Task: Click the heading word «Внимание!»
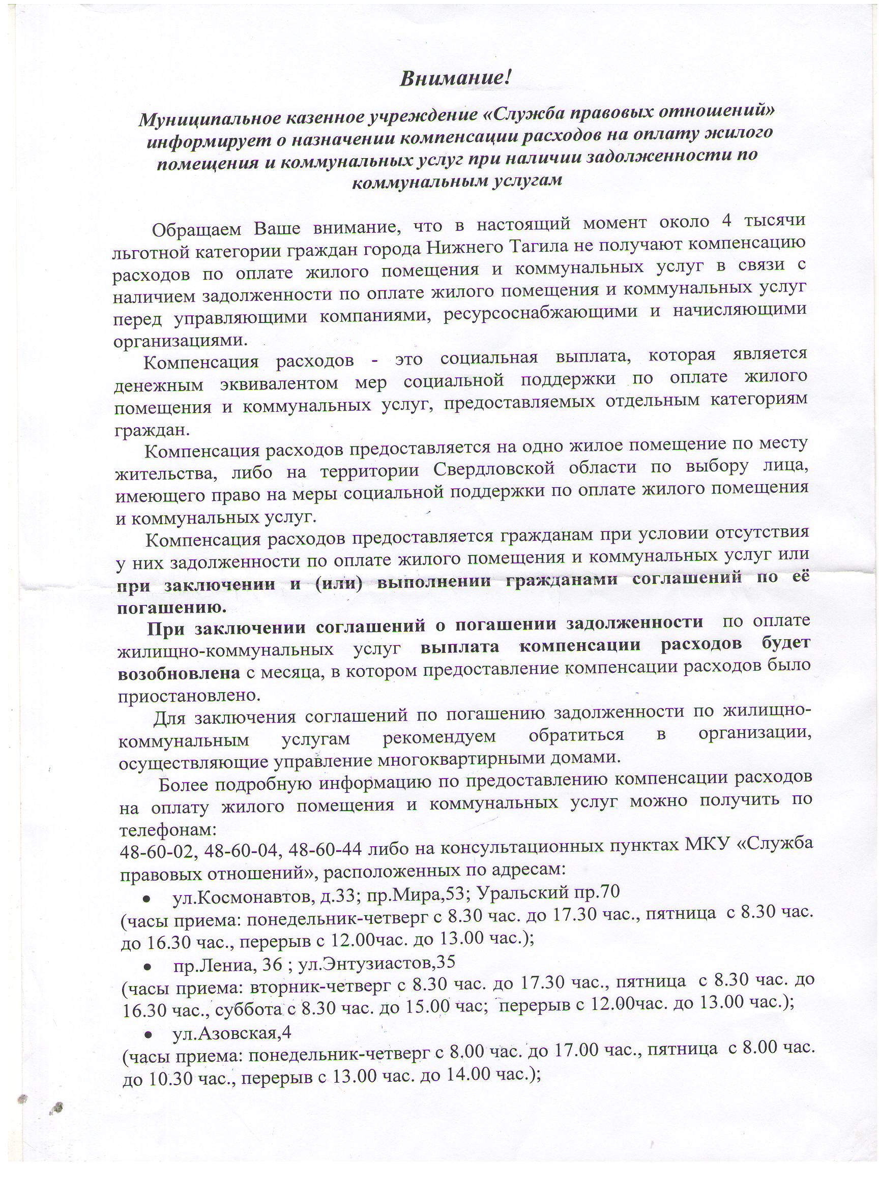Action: point(455,79)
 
